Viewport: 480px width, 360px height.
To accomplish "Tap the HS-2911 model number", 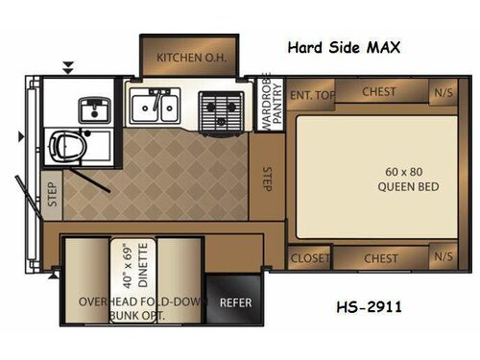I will coord(370,307).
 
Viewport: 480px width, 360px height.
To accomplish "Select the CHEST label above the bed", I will coord(379,92).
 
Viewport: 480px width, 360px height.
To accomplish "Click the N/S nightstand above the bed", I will coord(442,93).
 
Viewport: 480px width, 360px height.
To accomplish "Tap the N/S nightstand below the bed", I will coord(442,257).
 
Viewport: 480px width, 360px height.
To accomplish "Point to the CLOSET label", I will coord(309,257).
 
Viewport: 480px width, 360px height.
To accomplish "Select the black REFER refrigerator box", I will coord(235,300).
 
